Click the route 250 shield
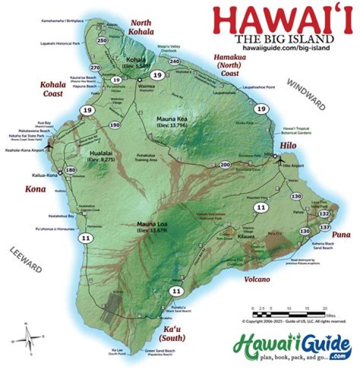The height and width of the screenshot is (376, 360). (x=102, y=40)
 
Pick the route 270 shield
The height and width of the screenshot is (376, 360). (x=95, y=67)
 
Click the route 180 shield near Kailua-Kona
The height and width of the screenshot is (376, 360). (x=70, y=170)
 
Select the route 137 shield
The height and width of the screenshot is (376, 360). (x=324, y=227)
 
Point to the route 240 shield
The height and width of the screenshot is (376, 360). (x=174, y=61)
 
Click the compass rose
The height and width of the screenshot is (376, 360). (x=30, y=340)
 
